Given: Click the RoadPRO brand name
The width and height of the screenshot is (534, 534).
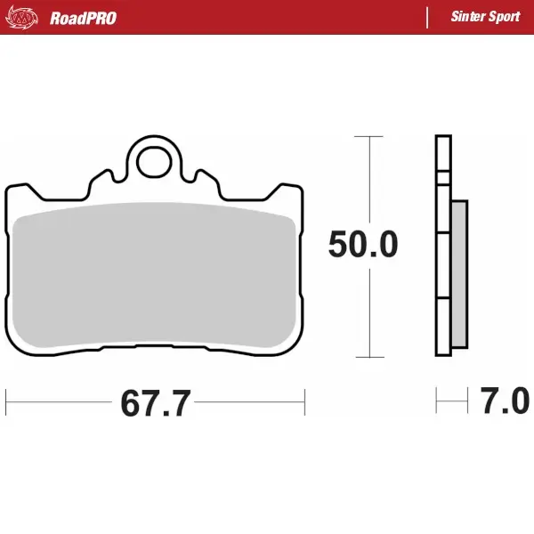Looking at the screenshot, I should point(83,18).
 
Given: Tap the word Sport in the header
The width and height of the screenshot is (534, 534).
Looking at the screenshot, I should point(505,18).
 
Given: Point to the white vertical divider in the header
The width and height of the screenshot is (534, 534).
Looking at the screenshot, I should point(429,17).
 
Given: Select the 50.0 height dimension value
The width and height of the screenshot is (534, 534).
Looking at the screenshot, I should point(363,245).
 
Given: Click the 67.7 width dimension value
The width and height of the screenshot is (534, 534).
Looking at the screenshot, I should point(156,403).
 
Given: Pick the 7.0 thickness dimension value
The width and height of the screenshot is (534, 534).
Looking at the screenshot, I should point(505,402).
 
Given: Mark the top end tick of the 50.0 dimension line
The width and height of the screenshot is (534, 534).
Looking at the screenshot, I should point(368,137).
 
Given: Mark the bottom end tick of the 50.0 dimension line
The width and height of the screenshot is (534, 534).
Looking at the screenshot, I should point(368,357).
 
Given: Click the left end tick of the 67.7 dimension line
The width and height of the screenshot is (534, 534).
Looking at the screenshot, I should point(6,402).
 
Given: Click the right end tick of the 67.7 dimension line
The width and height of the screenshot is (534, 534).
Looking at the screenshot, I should point(305,402).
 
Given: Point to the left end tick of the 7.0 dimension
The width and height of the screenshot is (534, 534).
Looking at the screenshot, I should point(436,401).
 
